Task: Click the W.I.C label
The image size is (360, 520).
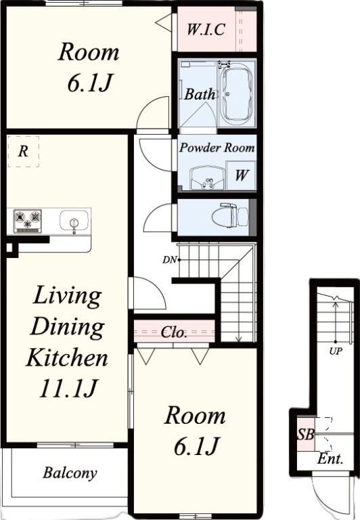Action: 206,29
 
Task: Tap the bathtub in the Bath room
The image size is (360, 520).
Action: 236,94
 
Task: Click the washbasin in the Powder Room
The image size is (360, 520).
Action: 207,178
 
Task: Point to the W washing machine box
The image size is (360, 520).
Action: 241,175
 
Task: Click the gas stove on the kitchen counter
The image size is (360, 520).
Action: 28,221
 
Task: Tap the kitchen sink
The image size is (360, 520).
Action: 74,220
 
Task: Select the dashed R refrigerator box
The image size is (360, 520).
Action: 23,151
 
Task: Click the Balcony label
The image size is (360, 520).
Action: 70,473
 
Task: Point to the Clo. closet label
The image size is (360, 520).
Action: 174,332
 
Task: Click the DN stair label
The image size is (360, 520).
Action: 169,260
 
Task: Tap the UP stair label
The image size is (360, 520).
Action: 336,351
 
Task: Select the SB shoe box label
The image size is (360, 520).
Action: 305,434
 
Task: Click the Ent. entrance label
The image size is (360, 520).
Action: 330,459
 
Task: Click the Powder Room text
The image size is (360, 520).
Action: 217,147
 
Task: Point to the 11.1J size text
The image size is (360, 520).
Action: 68,388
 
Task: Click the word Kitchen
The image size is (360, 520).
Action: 67,357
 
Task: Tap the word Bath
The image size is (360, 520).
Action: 200,94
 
